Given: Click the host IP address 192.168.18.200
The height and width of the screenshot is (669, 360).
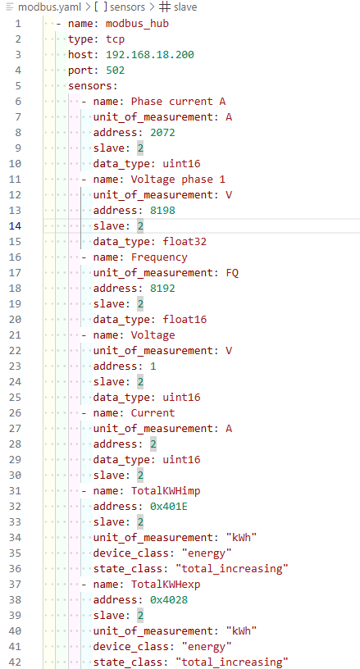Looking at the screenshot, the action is pos(150,55).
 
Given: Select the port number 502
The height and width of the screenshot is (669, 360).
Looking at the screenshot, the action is pos(115,70).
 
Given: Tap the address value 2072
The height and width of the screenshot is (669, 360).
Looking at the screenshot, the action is pos(162,132).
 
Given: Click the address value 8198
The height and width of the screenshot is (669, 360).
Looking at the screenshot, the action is pos(162,211).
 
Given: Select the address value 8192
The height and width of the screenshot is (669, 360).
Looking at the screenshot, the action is pos(162,288).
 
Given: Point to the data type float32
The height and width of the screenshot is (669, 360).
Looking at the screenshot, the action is pos(185,242).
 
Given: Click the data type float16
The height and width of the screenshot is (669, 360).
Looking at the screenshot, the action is pos(185,319).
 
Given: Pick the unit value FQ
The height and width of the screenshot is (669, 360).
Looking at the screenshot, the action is pos(232,273).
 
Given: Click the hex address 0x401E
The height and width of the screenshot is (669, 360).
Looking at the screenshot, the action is pos(169,507).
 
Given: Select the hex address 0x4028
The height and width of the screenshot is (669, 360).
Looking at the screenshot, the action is pos(169,600).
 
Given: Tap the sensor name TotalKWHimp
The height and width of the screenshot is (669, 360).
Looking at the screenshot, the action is pos(166,491).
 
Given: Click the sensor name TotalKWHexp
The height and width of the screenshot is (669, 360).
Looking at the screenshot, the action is pos(166,585).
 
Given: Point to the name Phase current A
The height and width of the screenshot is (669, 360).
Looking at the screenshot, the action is pos(178,102).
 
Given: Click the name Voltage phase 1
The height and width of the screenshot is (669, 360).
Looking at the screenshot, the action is pos(178,180).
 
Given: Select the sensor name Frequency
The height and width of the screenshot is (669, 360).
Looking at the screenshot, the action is pos(159,257).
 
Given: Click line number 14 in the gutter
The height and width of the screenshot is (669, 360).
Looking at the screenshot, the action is pos(15,225).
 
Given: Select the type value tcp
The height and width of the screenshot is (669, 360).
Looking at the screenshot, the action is pos(115,39).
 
